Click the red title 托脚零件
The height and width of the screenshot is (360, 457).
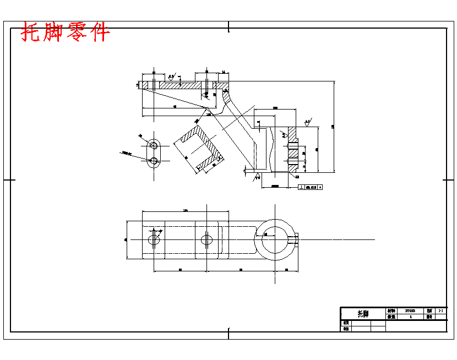tap(66, 32)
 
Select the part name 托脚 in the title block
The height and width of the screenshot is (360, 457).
tap(363, 314)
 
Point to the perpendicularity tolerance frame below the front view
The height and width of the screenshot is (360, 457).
tap(310, 187)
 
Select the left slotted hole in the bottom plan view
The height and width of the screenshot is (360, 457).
tap(154, 239)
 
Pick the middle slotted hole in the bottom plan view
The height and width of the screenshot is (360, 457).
tap(206, 239)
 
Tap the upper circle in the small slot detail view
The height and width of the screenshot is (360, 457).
tap(154, 145)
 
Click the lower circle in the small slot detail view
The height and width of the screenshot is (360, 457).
tap(154, 161)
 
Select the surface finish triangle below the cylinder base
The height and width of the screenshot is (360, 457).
tap(257, 177)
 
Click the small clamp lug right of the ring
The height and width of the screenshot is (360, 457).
tap(296, 239)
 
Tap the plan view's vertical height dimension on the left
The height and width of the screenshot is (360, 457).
tap(127, 239)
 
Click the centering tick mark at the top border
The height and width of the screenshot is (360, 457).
tap(228, 25)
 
